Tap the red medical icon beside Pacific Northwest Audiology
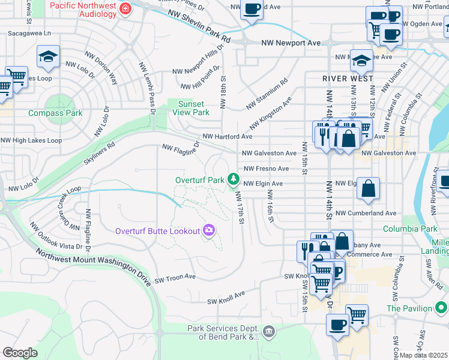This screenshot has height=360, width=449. pyautogui.click(x=125, y=9)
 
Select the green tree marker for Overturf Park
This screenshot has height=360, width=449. pyautogui.click(x=233, y=179)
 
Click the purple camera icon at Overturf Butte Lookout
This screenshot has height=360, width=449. pyautogui.click(x=208, y=230)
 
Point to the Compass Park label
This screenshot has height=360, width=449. pyautogui.click(x=56, y=113)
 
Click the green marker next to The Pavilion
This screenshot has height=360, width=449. pyautogui.click(x=441, y=308)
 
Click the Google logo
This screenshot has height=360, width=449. pyautogui.click(x=20, y=353)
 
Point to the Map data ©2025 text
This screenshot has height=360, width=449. pyautogui.click(x=424, y=355)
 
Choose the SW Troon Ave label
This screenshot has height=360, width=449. pyautogui.click(x=175, y=278)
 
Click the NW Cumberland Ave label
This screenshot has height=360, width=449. pyautogui.click(x=366, y=213)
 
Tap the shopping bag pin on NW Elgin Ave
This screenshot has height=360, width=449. pyautogui.click(x=369, y=188)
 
